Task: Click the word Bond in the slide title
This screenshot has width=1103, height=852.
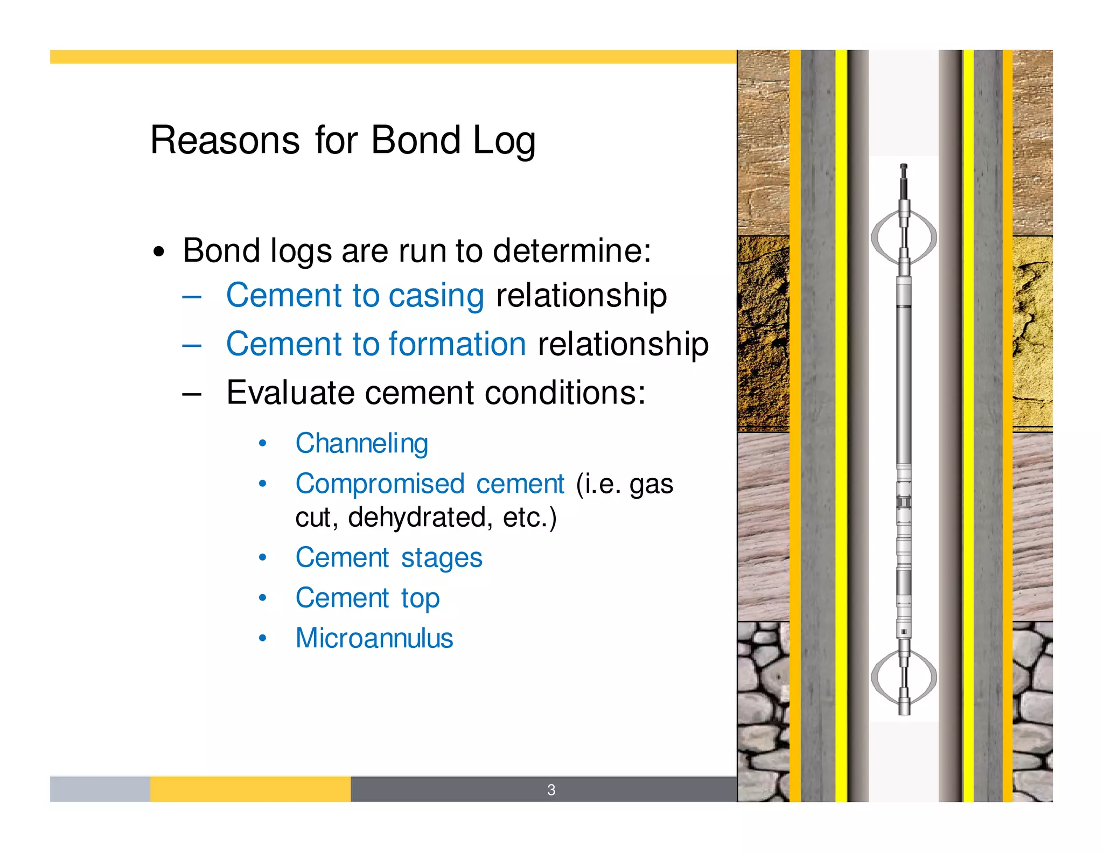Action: tap(415, 140)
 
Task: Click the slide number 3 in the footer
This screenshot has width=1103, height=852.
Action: tap(551, 790)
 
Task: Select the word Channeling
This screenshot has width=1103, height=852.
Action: tap(361, 444)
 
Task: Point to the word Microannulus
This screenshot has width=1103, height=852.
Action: tap(374, 638)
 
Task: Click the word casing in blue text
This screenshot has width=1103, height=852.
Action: tap(436, 296)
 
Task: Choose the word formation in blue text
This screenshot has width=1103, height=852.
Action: tap(457, 344)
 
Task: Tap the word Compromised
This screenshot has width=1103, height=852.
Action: tap(380, 484)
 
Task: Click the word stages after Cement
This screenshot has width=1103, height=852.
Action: tap(442, 558)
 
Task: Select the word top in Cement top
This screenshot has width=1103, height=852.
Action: tap(420, 598)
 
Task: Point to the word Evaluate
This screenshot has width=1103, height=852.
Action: tap(290, 393)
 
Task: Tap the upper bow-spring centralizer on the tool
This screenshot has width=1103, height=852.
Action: tap(904, 237)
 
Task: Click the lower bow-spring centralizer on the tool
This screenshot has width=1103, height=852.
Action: tap(904, 678)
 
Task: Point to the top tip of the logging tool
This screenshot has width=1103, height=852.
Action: tap(904, 166)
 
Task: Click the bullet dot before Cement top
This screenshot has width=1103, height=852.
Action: tap(262, 598)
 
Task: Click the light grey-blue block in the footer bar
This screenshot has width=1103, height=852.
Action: tap(100, 789)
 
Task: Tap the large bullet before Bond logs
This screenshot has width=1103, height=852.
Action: tap(158, 252)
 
